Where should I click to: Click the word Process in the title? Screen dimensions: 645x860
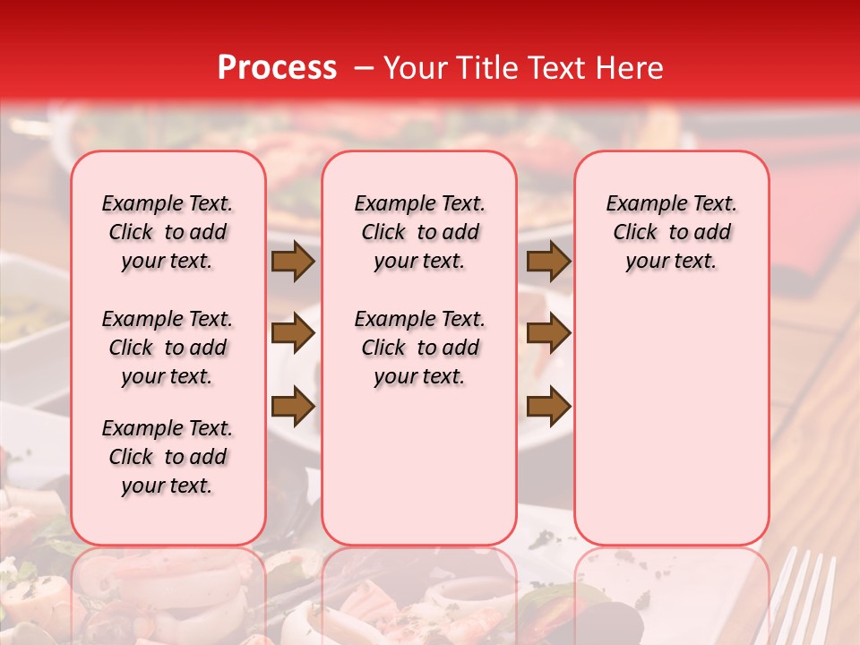(x=277, y=68)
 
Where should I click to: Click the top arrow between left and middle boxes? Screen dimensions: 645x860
(x=293, y=262)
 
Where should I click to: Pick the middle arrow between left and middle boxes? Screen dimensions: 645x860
(x=293, y=334)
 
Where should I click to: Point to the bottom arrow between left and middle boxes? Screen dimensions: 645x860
(x=293, y=407)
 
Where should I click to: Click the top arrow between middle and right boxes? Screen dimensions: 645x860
(x=548, y=262)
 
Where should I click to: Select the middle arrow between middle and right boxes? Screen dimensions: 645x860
(x=548, y=334)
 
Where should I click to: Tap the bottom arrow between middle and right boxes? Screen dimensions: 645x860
(x=548, y=407)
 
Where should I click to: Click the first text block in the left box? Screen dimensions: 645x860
(x=168, y=232)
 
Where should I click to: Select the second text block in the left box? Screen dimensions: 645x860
(x=168, y=348)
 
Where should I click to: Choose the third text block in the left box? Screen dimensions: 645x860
(x=168, y=457)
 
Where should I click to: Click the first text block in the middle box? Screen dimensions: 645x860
(x=419, y=232)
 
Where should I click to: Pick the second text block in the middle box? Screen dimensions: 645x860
(x=419, y=348)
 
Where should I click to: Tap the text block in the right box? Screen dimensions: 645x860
(x=671, y=232)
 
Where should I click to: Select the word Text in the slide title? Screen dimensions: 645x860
(x=555, y=68)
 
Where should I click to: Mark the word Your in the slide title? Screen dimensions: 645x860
(x=412, y=68)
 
